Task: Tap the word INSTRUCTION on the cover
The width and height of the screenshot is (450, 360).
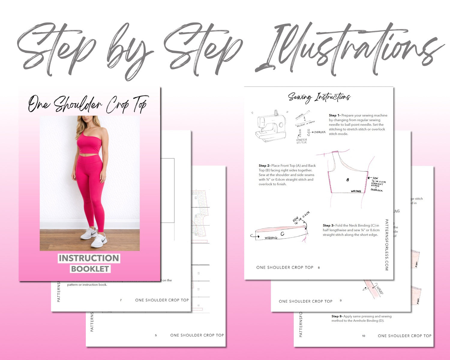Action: coord(89,258)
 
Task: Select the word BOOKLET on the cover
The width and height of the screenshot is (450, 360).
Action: coord(90,269)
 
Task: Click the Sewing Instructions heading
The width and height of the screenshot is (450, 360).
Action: coord(319,97)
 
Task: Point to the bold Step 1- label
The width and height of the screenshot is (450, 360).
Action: coord(334,115)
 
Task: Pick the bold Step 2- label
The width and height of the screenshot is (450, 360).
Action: coord(264,166)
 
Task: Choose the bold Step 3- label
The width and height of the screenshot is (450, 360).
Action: coord(328,225)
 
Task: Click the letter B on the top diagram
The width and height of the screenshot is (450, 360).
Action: coord(348,180)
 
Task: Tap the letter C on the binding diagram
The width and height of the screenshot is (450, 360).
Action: coord(282,234)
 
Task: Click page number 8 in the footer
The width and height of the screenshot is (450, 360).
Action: coord(319,268)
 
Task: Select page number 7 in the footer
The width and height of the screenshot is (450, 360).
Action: coord(121,300)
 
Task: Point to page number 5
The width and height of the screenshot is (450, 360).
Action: coord(156,335)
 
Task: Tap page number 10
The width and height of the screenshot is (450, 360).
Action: coord(364,336)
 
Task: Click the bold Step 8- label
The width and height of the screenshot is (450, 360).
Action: coord(337,316)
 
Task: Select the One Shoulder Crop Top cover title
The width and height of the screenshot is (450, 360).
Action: coord(88,104)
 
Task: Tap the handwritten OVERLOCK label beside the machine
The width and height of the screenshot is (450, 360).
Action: coord(320,132)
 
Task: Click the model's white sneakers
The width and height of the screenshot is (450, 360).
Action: coord(94,237)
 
